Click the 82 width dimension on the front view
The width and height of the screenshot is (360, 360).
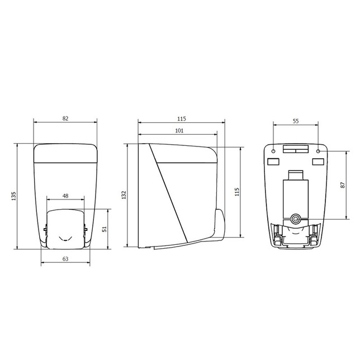pos(65,119)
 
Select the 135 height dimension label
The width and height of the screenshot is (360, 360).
pos(14,196)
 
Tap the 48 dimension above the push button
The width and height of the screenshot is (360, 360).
pos(65,196)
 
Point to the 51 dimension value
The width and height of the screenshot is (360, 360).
pos(105,229)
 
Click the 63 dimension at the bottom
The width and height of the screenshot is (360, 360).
pos(65,259)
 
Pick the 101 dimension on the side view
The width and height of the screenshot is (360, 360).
pos(179,131)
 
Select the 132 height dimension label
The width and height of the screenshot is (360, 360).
pos(124,195)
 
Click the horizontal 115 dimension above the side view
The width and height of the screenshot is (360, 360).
pos(181,119)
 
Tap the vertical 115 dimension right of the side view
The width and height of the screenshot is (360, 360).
pos(237,192)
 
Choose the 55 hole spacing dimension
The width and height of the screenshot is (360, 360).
pos(296,121)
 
